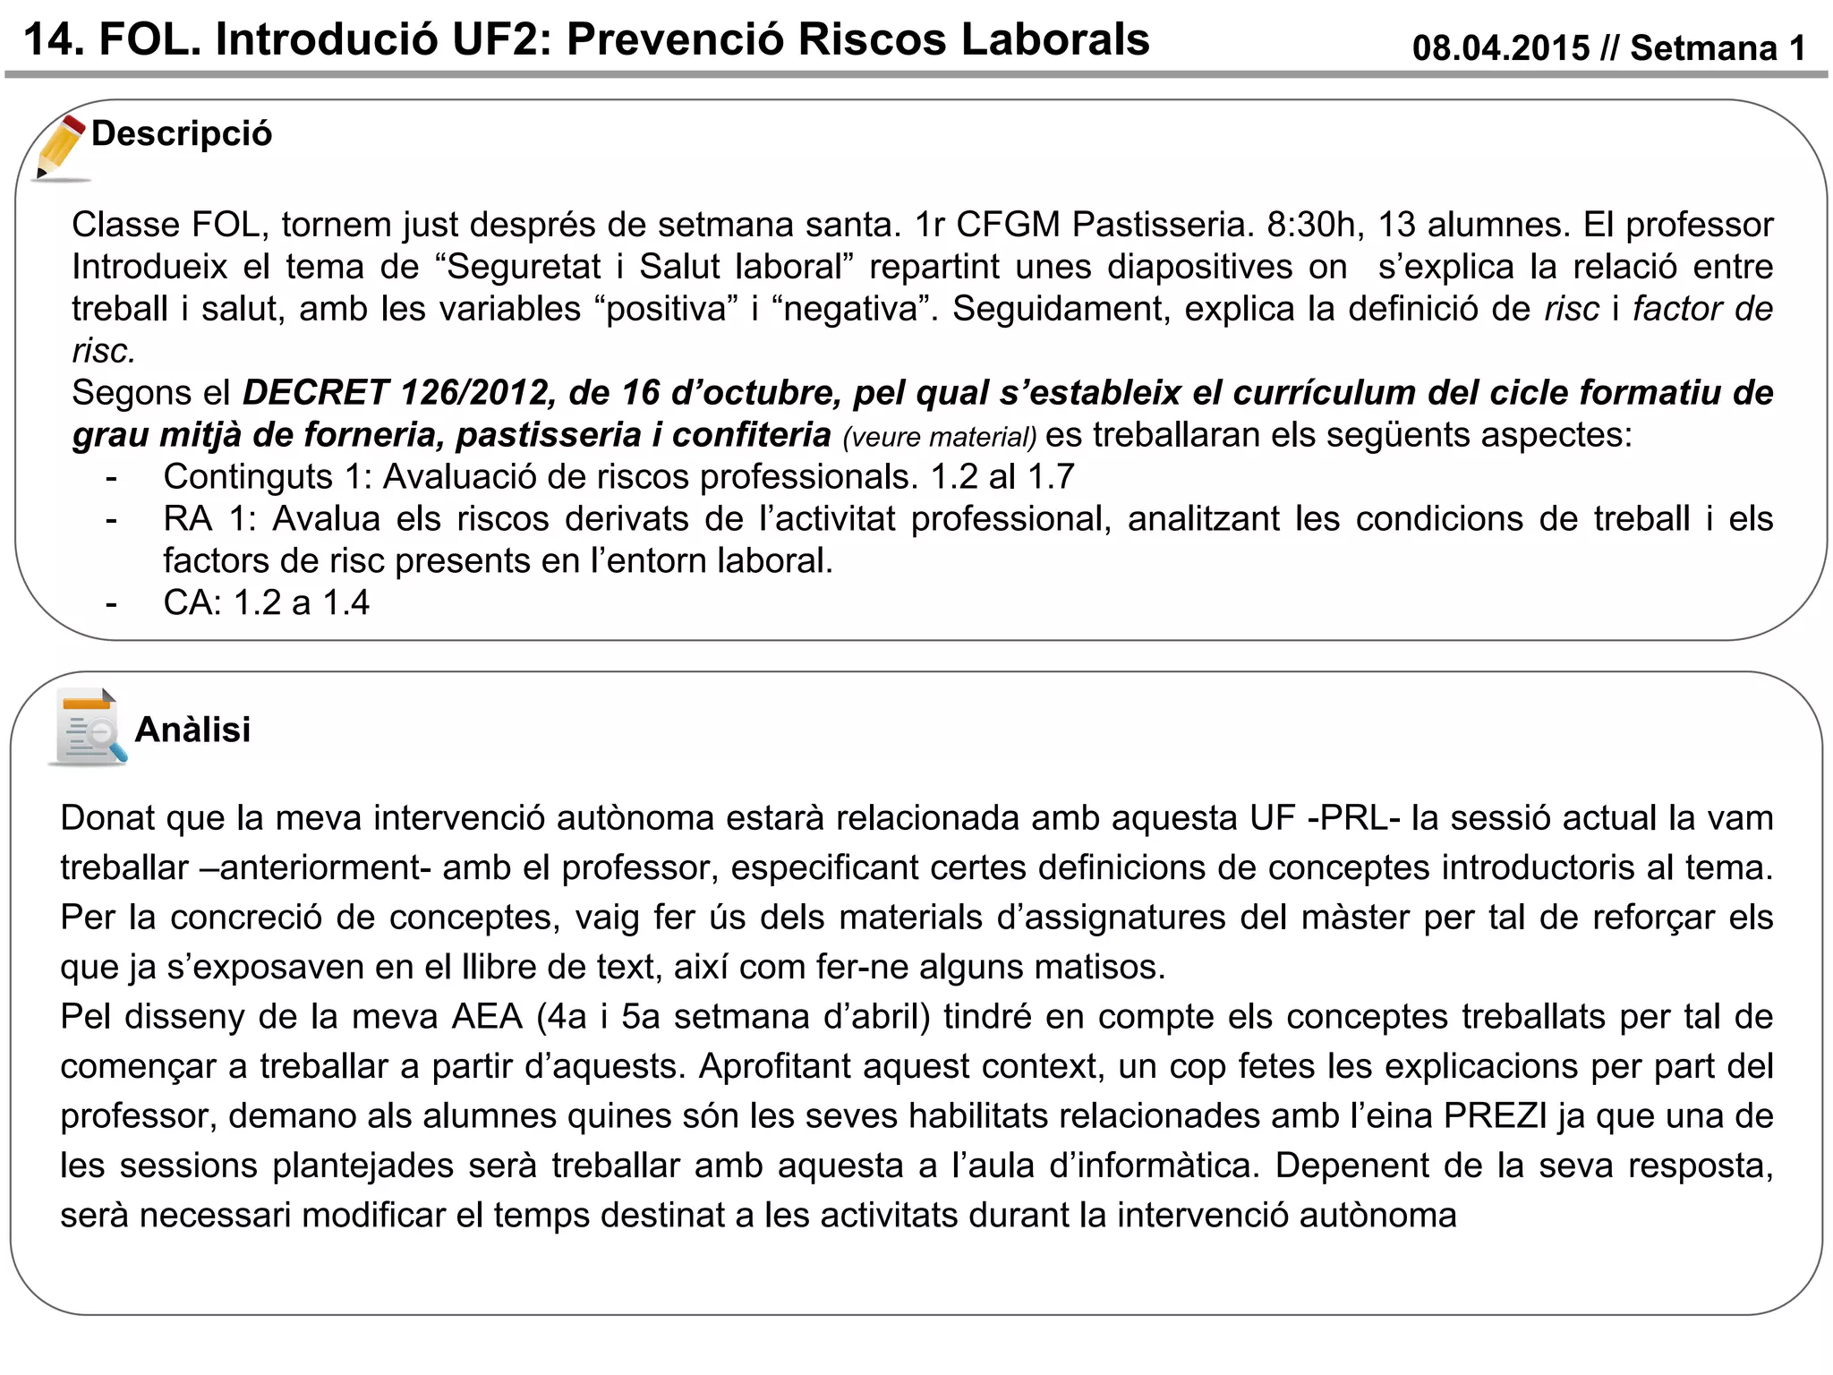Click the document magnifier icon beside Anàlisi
point(88,727)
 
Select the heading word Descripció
point(182,134)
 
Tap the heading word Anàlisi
point(192,730)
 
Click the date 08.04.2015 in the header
point(1501,48)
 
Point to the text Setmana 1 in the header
point(1718,48)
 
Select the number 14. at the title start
point(54,40)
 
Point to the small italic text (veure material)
point(939,438)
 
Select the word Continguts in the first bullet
point(248,477)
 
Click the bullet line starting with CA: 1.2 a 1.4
point(266,603)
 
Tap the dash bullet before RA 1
point(111,519)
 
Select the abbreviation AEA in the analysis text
point(487,1017)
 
